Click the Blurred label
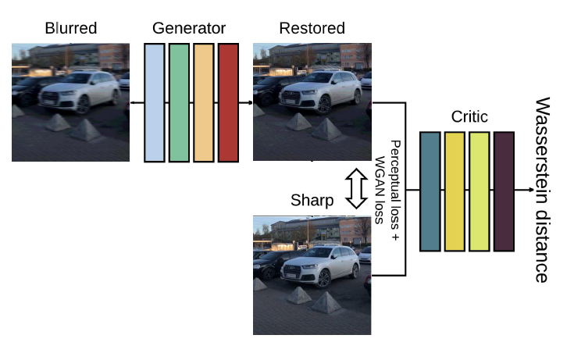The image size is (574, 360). [x=70, y=28]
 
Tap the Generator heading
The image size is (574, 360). [x=191, y=28]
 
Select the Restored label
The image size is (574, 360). [x=312, y=28]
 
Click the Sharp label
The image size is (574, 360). [x=312, y=201]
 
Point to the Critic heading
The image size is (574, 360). [x=469, y=117]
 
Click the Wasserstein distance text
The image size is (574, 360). [x=542, y=190]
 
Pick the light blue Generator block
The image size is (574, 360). [x=155, y=102]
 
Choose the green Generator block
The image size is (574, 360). [x=179, y=102]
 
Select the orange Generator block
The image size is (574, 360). [x=203, y=102]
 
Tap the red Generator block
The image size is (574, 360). [x=228, y=102]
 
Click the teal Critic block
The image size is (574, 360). [x=430, y=191]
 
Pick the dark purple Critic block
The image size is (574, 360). [x=504, y=191]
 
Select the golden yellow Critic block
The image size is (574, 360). [x=455, y=191]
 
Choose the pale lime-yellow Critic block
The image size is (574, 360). [x=480, y=191]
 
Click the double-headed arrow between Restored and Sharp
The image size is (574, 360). [x=356, y=188]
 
